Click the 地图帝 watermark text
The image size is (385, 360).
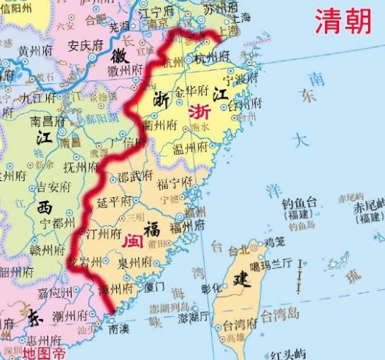click(x=42, y=353)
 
